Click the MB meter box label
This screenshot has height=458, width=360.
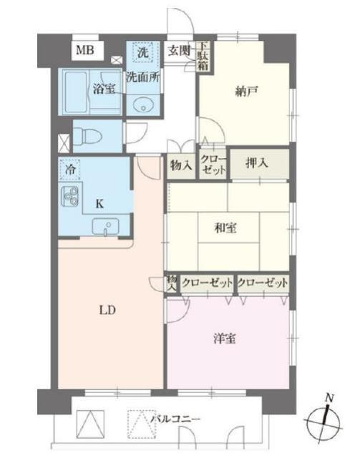pos(85,50)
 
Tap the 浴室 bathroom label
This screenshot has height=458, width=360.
pos(104,89)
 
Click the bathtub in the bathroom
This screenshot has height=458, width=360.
pos(76,92)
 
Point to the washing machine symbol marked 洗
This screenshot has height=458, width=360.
pos(143,52)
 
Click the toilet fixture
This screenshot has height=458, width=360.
pos(87,137)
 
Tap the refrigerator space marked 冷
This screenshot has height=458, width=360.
pos(69,169)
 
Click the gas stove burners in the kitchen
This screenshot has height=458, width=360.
pos(70,195)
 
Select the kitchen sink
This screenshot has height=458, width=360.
pos(105,226)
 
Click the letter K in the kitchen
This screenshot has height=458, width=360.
pos(99,204)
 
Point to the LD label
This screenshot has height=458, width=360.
pos(107,310)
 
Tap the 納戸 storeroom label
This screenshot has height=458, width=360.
pos(247,91)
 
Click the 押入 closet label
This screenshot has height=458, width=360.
pos(256,163)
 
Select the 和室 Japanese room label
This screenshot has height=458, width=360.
pos(225,228)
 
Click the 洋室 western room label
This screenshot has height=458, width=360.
pos(225,338)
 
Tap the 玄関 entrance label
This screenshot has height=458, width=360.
pos(179,51)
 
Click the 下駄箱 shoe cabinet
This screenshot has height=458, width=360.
pos(204,56)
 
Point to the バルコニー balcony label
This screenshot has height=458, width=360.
pos(175,419)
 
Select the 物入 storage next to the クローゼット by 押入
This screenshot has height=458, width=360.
pos(181,165)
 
